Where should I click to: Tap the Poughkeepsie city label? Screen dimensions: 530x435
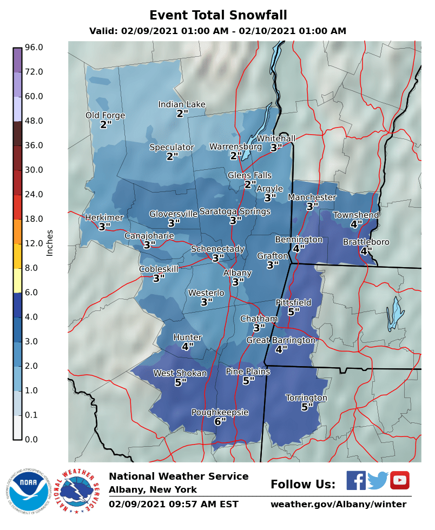tap(220, 412)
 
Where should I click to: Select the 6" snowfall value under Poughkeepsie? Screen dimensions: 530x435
tap(220, 421)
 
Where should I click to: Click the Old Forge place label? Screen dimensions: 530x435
tap(105, 115)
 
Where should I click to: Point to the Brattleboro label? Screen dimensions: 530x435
tap(366, 242)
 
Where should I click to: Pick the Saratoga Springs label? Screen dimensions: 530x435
tap(235, 211)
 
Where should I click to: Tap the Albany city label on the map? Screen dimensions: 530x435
tap(237, 273)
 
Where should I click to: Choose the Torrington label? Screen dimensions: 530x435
tap(306, 398)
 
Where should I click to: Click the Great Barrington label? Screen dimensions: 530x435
tap(280, 340)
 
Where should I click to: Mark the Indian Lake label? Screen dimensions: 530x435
tap(182, 104)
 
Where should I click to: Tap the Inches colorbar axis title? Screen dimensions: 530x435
tap(50, 243)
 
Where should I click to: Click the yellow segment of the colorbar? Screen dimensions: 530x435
tap(17, 256)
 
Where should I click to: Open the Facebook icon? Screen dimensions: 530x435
tap(355, 480)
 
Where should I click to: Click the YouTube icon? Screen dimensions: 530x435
tap(399, 480)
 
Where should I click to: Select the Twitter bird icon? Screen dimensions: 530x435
tap(378, 480)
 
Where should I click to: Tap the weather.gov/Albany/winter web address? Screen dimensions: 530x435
tap(338, 504)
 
